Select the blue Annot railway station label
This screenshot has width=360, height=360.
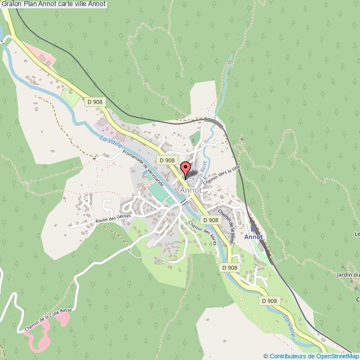pyautogui.click(x=254, y=237)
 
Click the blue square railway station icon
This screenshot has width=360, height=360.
pyautogui.click(x=254, y=228)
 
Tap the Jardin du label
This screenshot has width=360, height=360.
pyautogui.click(x=348, y=274)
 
